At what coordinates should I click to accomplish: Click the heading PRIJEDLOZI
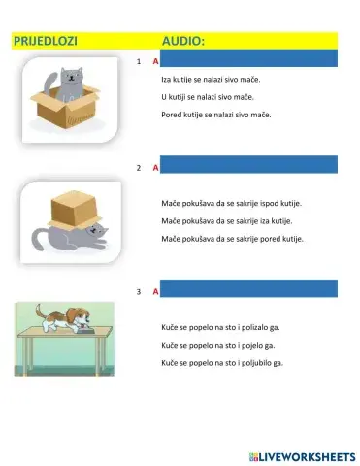45,42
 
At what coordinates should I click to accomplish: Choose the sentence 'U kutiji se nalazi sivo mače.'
207,97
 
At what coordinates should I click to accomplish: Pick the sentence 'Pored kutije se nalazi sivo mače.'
215,115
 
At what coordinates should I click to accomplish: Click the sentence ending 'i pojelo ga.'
218,344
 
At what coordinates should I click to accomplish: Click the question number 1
140,61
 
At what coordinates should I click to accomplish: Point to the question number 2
140,167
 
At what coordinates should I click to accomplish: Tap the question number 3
140,290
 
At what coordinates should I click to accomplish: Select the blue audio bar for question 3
248,289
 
